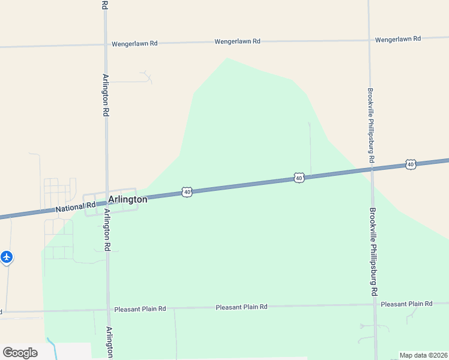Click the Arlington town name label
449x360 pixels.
[127, 199]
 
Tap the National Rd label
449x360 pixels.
[76, 208]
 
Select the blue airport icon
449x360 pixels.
[7, 257]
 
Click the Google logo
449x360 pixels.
[20, 352]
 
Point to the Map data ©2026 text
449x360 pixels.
[424, 355]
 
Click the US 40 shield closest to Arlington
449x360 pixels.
[187, 192]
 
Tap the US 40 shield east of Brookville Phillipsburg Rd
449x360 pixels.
[411, 164]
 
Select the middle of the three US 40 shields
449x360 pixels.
[299, 177]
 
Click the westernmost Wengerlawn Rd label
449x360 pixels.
[134, 44]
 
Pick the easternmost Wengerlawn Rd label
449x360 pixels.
[398, 39]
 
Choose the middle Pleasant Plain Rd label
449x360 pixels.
[241, 307]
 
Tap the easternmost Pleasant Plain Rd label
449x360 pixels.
[406, 304]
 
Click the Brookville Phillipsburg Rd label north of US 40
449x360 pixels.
[371, 126]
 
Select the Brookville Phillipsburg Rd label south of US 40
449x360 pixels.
[373, 251]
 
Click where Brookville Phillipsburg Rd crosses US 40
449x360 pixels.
[372, 169]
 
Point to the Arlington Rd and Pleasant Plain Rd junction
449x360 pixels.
[108, 310]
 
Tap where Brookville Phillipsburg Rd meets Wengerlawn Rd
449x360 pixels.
[369, 40]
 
